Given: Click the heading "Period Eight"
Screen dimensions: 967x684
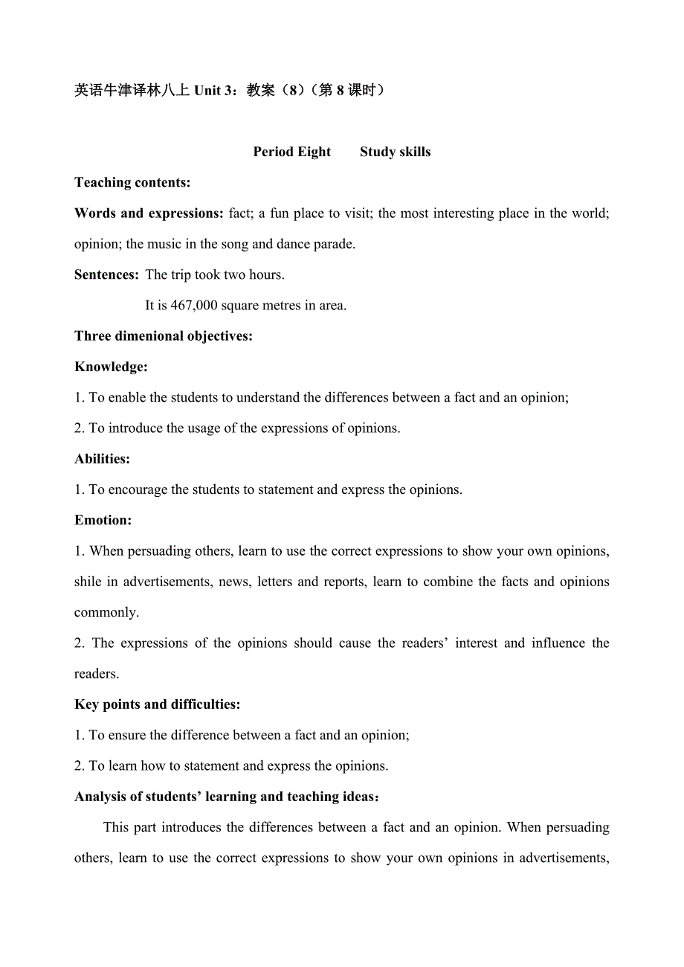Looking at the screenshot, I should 291,152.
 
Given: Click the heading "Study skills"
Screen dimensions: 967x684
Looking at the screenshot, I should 395,152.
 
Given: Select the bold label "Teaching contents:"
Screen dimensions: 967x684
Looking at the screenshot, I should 132,182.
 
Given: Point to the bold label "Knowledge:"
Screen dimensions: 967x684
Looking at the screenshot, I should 111,367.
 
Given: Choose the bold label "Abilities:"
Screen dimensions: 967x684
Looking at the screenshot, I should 102,459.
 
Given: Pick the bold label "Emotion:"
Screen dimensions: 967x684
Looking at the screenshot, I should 103,521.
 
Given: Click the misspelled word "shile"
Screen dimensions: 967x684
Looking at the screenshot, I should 88,582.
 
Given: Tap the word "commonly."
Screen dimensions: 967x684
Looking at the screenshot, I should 106,613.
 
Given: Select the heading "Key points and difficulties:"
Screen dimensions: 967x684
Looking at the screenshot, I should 157,704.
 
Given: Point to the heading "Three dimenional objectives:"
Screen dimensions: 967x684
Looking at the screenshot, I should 164,336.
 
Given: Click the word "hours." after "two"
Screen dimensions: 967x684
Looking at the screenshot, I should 267,274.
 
